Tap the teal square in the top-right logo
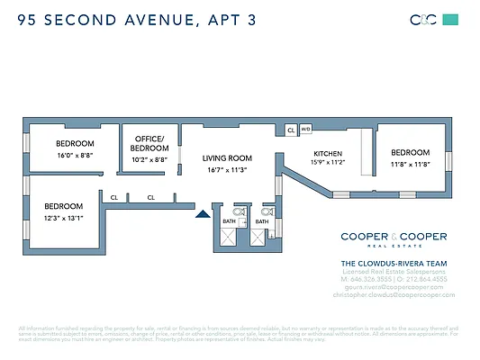451,19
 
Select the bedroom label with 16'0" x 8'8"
74,143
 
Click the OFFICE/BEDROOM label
149,143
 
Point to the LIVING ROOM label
226,157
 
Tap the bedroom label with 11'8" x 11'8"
410,152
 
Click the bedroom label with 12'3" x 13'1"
63,206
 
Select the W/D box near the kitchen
305,130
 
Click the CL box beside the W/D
291,130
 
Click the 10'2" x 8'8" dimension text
149,159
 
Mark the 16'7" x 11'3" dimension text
226,169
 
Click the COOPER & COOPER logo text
393,236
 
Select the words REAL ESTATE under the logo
393,247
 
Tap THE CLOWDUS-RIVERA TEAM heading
393,263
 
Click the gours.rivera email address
393,287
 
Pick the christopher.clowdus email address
393,295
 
